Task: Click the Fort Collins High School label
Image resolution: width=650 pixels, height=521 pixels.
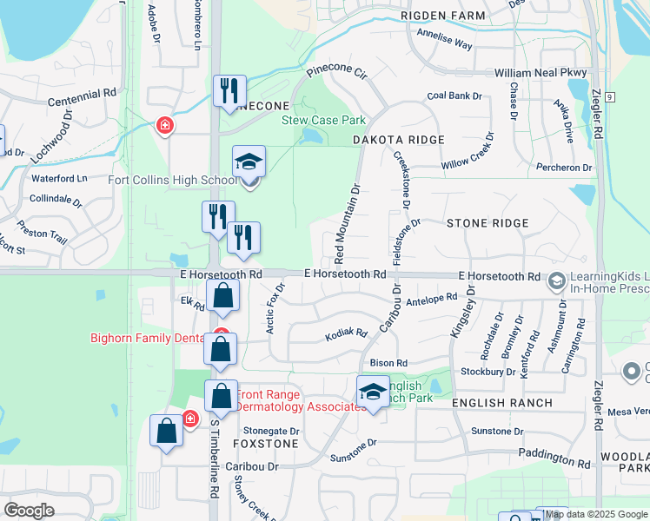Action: click(171, 181)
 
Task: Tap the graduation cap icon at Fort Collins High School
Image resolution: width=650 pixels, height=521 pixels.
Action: click(249, 162)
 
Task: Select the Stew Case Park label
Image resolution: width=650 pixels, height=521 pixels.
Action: click(322, 120)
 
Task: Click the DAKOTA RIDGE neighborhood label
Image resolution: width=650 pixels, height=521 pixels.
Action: click(399, 140)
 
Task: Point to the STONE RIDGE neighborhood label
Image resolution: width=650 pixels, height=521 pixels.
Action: click(487, 223)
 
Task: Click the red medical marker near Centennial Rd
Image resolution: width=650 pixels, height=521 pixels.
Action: click(163, 127)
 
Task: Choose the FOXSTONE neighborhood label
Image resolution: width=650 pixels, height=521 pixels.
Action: click(265, 444)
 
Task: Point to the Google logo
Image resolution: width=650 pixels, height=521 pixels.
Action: click(29, 511)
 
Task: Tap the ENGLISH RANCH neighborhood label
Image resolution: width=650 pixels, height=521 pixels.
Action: click(502, 403)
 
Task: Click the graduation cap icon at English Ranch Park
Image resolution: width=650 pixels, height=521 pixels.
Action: click(373, 392)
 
